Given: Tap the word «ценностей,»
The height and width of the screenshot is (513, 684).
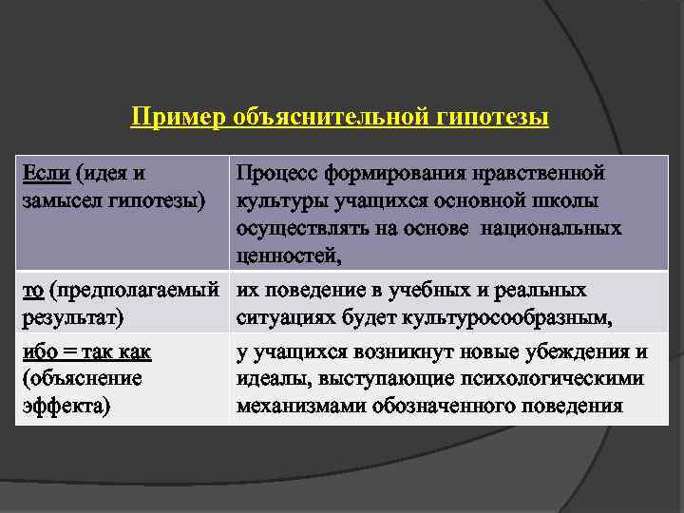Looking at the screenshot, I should point(289,255).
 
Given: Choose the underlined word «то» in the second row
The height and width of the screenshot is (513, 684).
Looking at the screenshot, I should point(32,290).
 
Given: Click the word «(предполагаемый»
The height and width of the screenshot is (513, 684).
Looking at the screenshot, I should point(141,290).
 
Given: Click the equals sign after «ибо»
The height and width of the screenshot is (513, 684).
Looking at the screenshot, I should point(69,352).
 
